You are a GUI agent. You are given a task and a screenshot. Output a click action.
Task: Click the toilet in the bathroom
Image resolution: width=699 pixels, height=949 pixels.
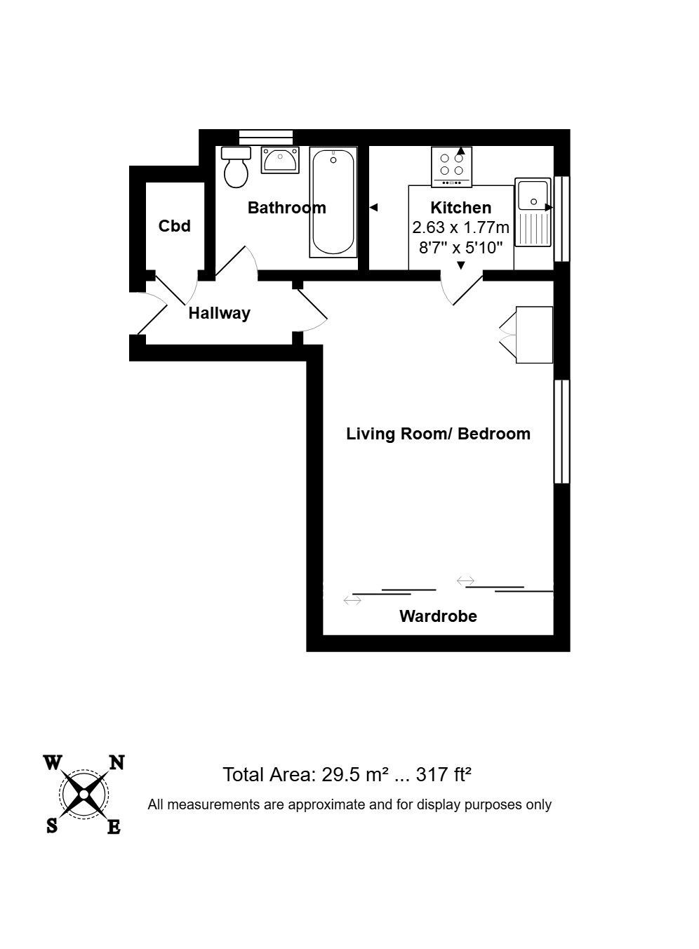coord(236,167)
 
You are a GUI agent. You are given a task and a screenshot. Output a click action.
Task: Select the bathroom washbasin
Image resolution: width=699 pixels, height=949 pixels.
coord(280,160)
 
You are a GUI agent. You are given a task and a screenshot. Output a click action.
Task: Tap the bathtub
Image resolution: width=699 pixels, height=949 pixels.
coord(333,202)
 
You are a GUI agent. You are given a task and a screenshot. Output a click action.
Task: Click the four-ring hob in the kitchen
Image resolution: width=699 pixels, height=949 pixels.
coord(451,166)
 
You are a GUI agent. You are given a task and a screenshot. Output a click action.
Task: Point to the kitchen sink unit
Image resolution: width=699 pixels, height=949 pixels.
coord(533,212)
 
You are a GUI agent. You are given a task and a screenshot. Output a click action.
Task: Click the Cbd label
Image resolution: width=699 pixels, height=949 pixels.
coord(175,226)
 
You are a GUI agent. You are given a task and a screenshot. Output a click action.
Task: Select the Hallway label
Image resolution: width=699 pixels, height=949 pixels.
coord(220,314)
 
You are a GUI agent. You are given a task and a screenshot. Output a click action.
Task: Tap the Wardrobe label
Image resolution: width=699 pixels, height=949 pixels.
coord(438,616)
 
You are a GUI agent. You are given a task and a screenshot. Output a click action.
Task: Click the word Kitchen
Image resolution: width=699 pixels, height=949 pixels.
coord(461,208)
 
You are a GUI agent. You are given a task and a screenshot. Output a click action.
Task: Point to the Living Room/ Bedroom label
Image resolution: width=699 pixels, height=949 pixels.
coord(439,434)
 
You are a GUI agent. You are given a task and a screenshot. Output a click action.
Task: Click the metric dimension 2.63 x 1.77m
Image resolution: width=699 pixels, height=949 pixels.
coord(461,227)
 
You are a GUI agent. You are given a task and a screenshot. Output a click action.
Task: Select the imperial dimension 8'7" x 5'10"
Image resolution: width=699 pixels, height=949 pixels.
coord(461,247)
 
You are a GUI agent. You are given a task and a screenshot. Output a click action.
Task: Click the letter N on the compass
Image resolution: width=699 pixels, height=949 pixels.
coord(117,762)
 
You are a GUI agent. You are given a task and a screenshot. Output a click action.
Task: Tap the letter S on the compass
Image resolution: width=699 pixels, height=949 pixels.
coord(52,825)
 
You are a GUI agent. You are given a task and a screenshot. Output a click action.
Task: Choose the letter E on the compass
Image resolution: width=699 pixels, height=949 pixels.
coord(114,827)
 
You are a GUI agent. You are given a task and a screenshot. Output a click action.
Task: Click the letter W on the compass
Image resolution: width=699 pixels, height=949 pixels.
coord(53,763)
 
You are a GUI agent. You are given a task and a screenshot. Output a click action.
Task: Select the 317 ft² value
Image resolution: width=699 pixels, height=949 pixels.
coord(444,775)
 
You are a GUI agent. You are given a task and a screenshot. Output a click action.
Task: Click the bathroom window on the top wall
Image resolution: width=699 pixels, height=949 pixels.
coord(265,138)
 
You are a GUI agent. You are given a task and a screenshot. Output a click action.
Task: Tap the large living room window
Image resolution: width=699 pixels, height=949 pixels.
coord(562,431)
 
